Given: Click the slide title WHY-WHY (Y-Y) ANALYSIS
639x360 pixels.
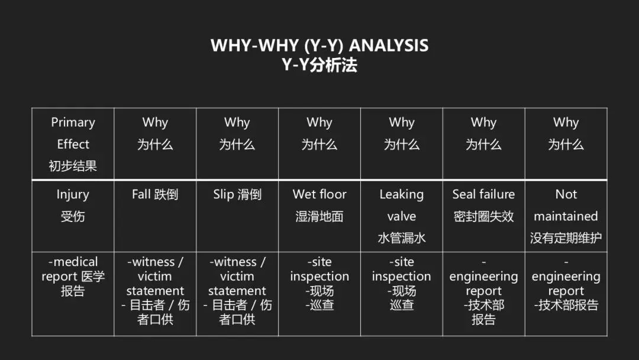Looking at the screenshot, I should click(319, 46).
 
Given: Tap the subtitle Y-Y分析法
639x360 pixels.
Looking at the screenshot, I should click(319, 64).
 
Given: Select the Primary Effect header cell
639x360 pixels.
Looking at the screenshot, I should click(73, 144).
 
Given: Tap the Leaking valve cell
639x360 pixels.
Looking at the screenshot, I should click(402, 216).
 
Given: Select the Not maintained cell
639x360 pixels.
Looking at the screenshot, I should click(566, 216).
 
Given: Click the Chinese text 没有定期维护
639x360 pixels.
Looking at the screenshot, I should click(566, 238).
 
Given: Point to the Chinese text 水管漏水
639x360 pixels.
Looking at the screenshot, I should click(402, 238).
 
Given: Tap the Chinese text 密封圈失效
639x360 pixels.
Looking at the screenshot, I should click(483, 217).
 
